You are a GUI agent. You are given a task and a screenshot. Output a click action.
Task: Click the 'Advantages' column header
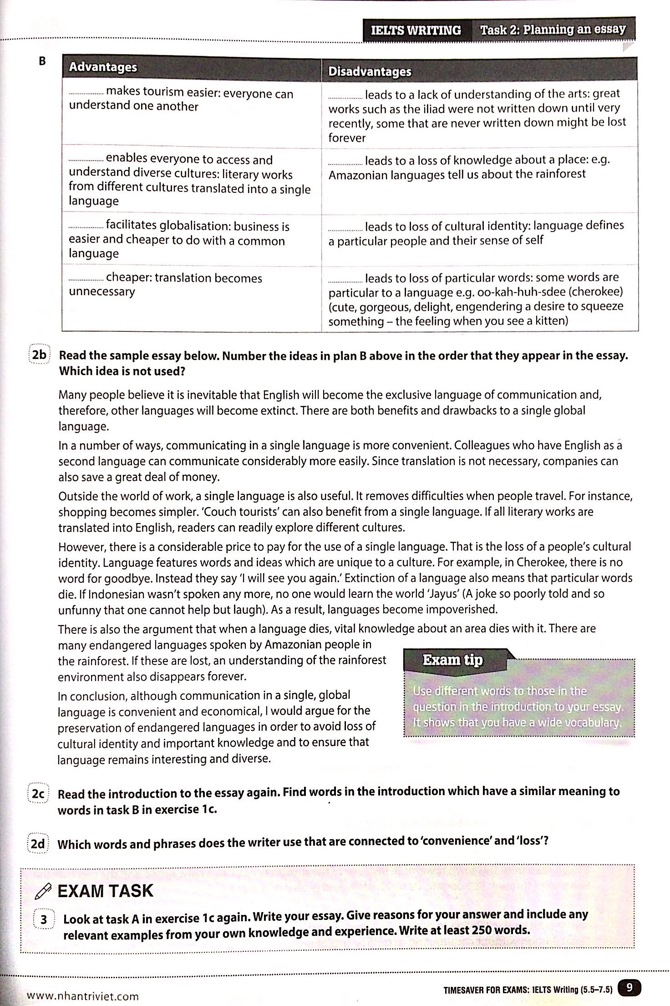[x=103, y=67]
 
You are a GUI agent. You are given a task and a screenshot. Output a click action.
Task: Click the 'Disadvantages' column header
[x=370, y=72]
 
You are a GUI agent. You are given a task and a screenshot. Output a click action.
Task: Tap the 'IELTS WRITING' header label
[x=416, y=30]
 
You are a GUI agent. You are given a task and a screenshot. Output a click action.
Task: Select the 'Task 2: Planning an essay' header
[x=553, y=30]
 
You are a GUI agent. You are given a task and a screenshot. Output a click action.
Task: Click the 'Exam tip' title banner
[x=452, y=660]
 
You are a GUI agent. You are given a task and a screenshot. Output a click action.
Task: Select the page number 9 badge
[x=629, y=987]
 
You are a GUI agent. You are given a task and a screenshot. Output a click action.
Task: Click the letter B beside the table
[x=42, y=61]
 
